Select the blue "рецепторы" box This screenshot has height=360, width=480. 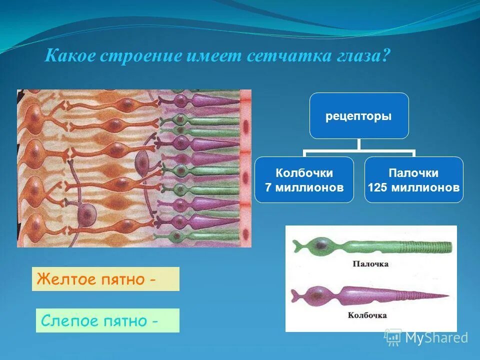[x=359, y=116]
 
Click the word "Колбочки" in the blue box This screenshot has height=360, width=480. [x=304, y=173]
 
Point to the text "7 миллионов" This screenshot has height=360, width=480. [x=304, y=188]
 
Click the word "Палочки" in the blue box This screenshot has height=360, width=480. [x=413, y=173]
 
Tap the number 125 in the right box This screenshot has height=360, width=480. [x=378, y=188]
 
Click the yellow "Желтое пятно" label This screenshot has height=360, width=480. [x=105, y=279]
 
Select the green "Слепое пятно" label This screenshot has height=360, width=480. [x=107, y=320]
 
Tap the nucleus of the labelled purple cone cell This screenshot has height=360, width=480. [x=318, y=292]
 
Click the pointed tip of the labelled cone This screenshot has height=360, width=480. [x=446, y=296]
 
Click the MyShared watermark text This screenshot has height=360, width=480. [x=436, y=338]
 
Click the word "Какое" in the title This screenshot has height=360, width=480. [x=69, y=55]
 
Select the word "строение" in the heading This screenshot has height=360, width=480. [x=140, y=55]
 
